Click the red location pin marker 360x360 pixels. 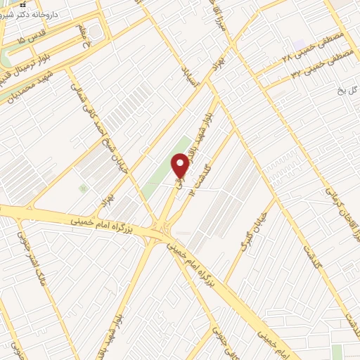(x=181, y=165)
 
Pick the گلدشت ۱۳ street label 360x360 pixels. (x=205, y=158)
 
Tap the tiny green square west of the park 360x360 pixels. (x=83, y=188)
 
